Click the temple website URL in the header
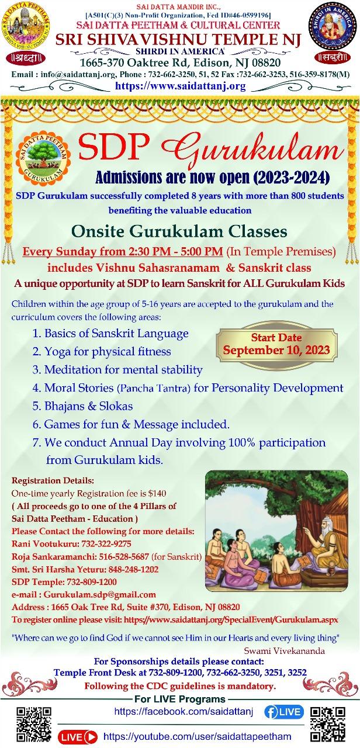181,86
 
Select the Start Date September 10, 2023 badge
276,344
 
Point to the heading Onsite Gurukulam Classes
179,231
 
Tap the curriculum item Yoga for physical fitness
102,351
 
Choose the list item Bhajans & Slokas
82,406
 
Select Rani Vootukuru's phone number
106,543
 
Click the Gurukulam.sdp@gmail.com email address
99,594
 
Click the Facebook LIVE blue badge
284,712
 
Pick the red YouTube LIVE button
78,737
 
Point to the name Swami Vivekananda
284,651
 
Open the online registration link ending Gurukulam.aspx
231,620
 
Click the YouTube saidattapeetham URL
198,736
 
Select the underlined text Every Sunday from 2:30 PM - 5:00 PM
123,251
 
